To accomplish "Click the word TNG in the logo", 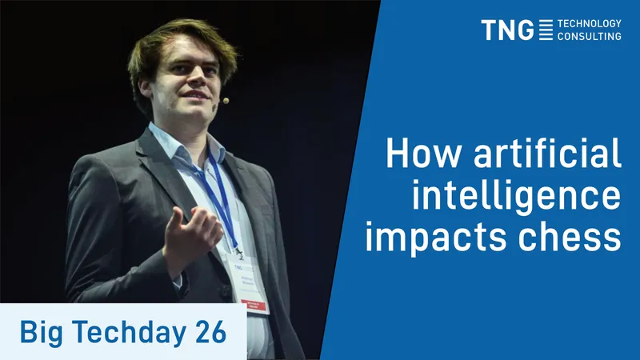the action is click(x=507, y=30).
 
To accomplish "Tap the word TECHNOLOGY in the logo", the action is click(x=590, y=24).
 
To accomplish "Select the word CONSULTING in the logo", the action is click(x=590, y=36).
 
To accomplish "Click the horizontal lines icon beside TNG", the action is click(x=546, y=30).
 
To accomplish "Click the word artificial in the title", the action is click(x=547, y=153).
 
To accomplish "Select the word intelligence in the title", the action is click(x=516, y=195).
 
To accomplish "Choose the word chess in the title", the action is click(x=570, y=236).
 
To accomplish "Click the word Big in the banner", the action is click(x=42, y=332).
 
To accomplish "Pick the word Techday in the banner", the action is click(x=130, y=332).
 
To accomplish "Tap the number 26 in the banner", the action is click(x=210, y=332).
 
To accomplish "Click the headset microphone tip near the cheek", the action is click(x=226, y=101).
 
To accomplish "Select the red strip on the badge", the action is click(x=253, y=306).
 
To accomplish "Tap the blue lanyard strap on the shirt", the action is click(x=222, y=199).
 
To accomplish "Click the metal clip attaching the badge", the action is click(x=238, y=253).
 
